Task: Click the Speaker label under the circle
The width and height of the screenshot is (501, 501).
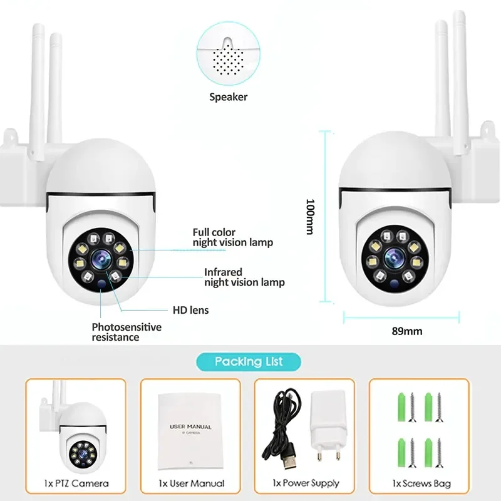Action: click(x=228, y=97)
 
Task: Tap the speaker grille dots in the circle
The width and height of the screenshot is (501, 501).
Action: click(x=228, y=59)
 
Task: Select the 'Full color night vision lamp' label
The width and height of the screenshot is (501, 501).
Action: click(x=232, y=237)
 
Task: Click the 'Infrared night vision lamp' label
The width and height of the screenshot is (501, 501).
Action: click(x=244, y=277)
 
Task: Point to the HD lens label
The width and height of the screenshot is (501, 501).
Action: click(x=191, y=310)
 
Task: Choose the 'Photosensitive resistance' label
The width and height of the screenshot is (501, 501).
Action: click(x=127, y=332)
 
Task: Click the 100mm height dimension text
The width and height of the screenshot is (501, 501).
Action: click(x=311, y=217)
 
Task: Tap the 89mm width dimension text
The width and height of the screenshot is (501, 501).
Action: click(x=407, y=331)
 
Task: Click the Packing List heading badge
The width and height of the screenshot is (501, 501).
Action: click(x=249, y=362)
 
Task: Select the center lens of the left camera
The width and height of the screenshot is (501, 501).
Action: click(x=101, y=259)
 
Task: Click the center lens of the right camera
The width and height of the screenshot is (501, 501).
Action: click(x=395, y=257)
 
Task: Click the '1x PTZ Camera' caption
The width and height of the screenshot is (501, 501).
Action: click(x=76, y=483)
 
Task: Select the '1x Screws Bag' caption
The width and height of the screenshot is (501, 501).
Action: click(x=421, y=483)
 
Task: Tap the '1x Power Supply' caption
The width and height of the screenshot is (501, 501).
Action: click(x=306, y=483)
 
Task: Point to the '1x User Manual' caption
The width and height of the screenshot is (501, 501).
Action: click(x=192, y=483)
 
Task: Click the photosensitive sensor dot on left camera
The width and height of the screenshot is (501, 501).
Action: click(x=101, y=284)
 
